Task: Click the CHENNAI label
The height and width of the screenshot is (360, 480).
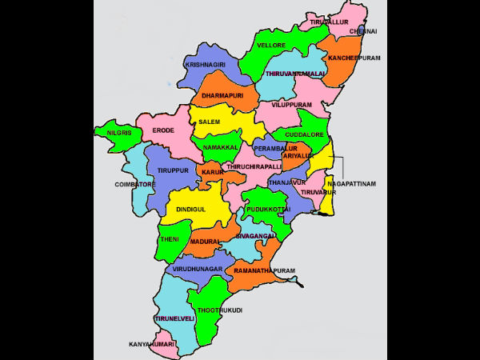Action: coord(362,31)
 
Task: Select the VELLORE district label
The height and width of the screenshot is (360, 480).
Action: coord(272,46)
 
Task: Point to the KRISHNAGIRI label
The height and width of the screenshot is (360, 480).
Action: coord(206,64)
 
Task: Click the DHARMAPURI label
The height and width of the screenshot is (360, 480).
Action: coord(222,96)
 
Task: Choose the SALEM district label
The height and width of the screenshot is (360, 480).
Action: coord(210,122)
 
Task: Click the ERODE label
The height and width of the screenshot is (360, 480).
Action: coord(163,130)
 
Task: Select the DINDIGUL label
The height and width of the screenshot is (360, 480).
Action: coord(190,208)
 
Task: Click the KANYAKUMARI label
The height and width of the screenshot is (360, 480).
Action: coord(152,344)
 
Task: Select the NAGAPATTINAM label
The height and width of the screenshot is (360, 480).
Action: coord(351,183)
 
